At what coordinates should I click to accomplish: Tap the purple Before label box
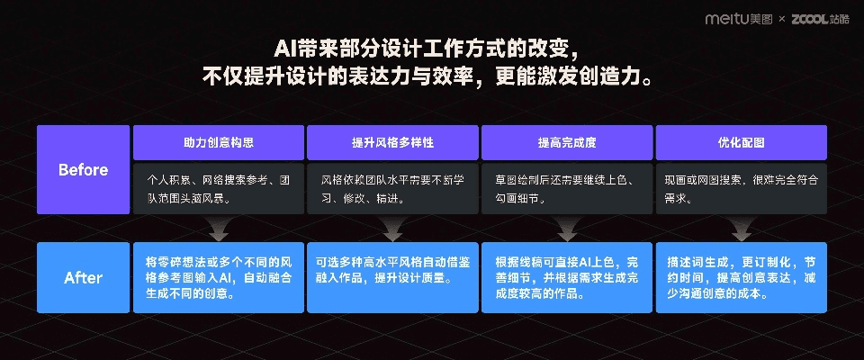click(x=83, y=169)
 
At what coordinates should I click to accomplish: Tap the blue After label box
click(x=83, y=277)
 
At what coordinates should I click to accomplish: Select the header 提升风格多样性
click(x=392, y=142)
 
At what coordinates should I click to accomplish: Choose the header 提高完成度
click(x=567, y=142)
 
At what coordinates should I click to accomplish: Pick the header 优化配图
click(x=741, y=142)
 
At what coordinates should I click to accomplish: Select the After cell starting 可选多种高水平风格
click(x=392, y=277)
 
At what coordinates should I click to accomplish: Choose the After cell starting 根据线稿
click(x=567, y=277)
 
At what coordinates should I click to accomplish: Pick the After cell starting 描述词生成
click(x=741, y=277)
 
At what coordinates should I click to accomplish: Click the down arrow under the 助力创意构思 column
click(x=218, y=229)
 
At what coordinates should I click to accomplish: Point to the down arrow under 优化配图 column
click(x=741, y=229)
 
